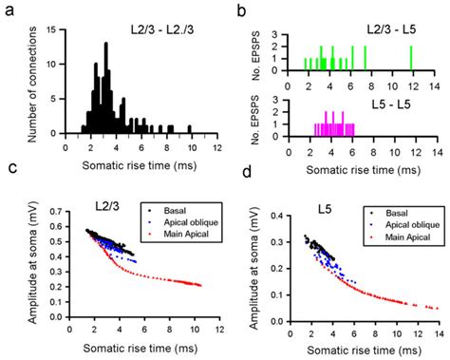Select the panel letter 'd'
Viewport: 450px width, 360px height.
244,172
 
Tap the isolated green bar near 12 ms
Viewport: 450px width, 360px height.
411,59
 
